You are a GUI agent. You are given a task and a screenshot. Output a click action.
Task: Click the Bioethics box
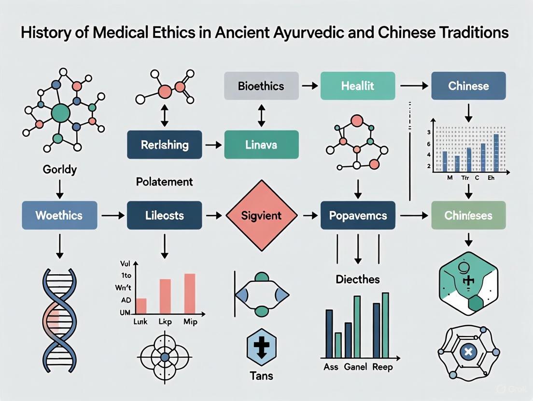[261, 86]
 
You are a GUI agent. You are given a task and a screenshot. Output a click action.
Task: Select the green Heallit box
[358, 86]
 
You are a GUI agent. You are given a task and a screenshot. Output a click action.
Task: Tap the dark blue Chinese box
[468, 86]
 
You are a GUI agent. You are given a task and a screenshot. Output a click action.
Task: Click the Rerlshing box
[165, 145]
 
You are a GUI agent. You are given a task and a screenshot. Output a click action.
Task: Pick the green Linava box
[261, 145]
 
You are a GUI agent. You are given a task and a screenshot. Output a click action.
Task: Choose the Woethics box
[60, 215]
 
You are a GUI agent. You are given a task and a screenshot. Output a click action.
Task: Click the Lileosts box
[165, 215]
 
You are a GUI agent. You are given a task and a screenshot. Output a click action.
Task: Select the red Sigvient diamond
[261, 215]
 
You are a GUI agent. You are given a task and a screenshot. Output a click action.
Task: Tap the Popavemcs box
[358, 215]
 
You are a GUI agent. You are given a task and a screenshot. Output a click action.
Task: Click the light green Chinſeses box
[468, 215]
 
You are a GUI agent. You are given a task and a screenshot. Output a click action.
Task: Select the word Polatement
[164, 182]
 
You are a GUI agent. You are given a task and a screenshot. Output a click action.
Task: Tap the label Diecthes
[357, 279]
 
